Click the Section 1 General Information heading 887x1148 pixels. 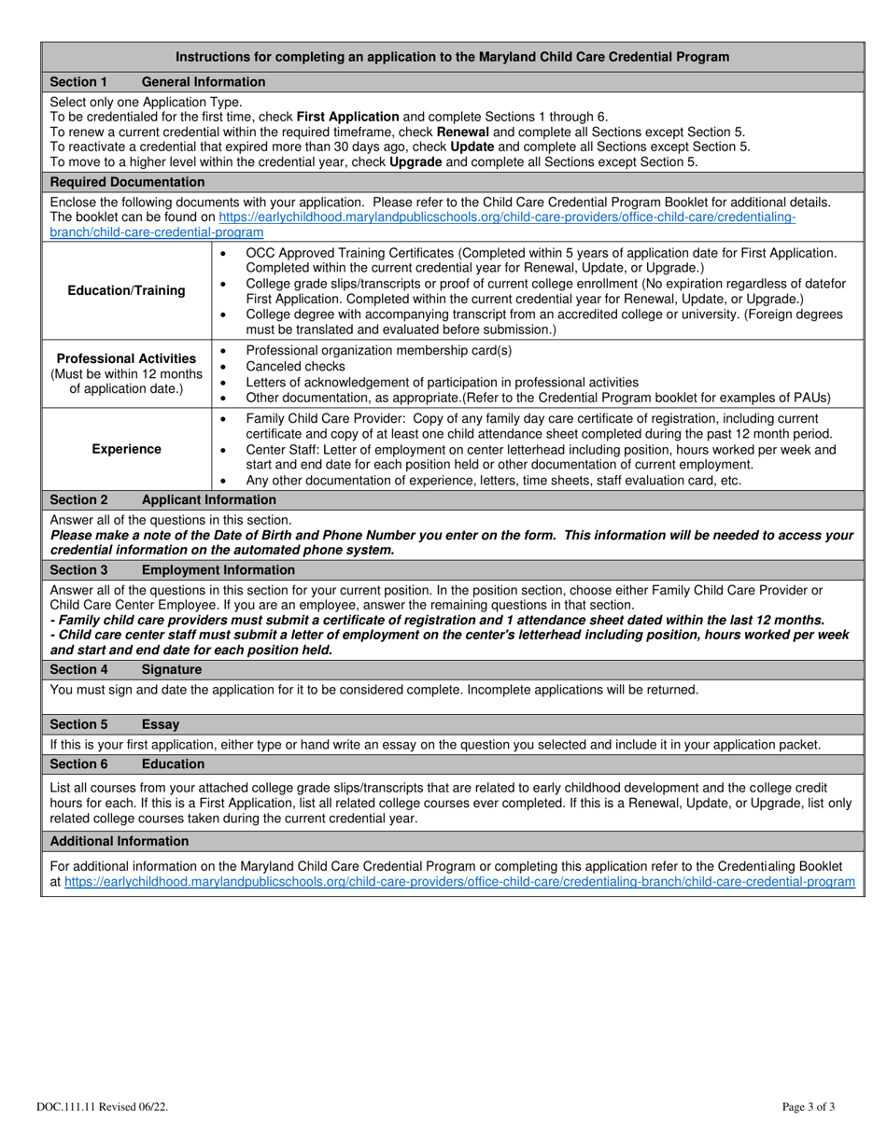click(157, 82)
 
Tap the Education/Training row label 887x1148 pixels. click(126, 290)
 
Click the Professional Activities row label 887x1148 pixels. click(126, 358)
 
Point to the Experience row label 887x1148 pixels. click(126, 449)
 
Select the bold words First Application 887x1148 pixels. click(347, 117)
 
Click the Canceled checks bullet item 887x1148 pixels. click(295, 366)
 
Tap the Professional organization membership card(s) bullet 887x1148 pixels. click(378, 350)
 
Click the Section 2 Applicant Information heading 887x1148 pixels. click(162, 499)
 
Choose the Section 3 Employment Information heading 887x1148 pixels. click(172, 569)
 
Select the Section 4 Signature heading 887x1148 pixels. click(125, 669)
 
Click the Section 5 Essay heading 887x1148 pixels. click(114, 724)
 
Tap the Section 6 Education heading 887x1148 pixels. click(126, 763)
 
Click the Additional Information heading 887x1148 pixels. click(119, 841)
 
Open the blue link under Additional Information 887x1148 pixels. click(458, 881)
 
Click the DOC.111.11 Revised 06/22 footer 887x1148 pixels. click(103, 1107)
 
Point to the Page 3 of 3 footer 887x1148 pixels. click(809, 1107)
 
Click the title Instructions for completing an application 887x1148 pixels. click(453, 57)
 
